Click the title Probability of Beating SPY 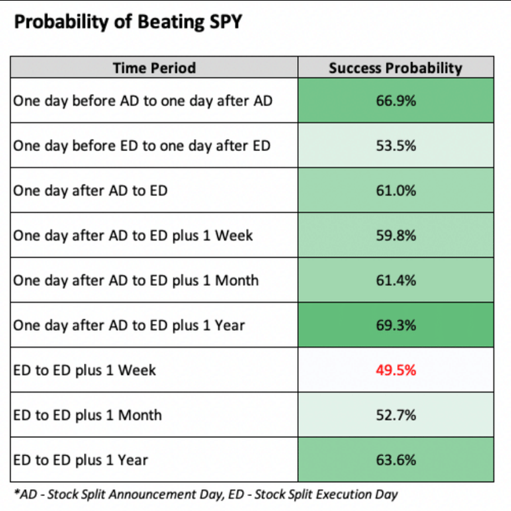pos(128,21)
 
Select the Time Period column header pos(154,68)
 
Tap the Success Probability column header pos(395,68)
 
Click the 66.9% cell pos(395,101)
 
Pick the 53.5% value pos(395,146)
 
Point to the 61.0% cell pos(395,190)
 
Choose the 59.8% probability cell pos(395,235)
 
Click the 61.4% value pos(395,280)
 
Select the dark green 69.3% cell pos(395,325)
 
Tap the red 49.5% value pos(395,369)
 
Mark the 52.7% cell pos(395,414)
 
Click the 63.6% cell pos(395,459)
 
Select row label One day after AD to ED pos(90,190)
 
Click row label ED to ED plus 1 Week pos(85,369)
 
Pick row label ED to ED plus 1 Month pos(88,414)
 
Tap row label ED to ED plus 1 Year pos(81,459)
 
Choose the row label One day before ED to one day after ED pos(142,146)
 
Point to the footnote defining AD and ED pos(205,494)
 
